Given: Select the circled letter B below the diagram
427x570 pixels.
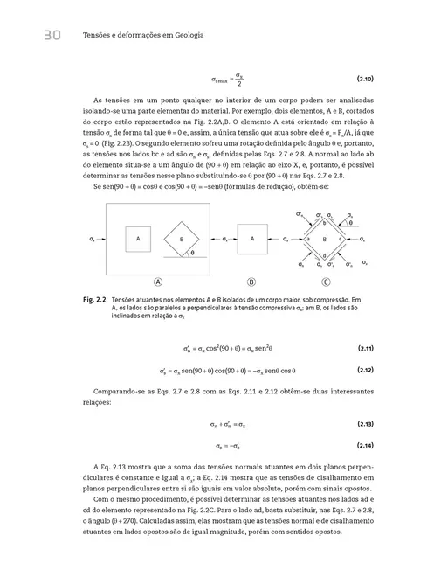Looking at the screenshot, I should (251, 282).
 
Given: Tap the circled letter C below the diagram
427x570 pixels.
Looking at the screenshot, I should (326, 282).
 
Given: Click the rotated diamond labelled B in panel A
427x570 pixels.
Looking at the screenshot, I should (182, 238).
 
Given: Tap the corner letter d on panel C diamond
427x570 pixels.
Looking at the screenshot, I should (325, 255).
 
